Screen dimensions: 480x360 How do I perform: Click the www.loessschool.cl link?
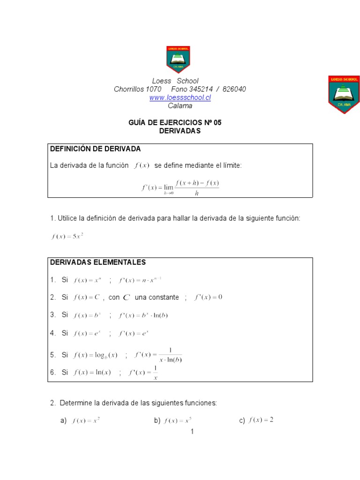coord(180,97)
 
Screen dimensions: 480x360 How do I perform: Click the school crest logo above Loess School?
coord(178,60)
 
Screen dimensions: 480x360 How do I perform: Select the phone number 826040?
coord(234,89)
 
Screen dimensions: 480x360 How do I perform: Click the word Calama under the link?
coord(180,106)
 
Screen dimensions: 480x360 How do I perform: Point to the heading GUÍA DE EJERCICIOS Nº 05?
coord(174,123)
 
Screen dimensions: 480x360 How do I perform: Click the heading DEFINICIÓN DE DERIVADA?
coord(95,149)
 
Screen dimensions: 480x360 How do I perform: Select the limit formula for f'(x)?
coord(180,187)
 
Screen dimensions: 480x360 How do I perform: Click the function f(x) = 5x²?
coord(67,237)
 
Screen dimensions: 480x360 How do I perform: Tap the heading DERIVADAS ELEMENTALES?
coord(98,262)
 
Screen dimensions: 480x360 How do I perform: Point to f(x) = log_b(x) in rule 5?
coord(96,355)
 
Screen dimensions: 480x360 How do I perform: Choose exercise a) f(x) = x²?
coord(86,421)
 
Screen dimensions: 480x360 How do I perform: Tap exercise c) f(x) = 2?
coord(261,420)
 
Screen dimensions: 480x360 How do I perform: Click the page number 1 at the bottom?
coord(192,431)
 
